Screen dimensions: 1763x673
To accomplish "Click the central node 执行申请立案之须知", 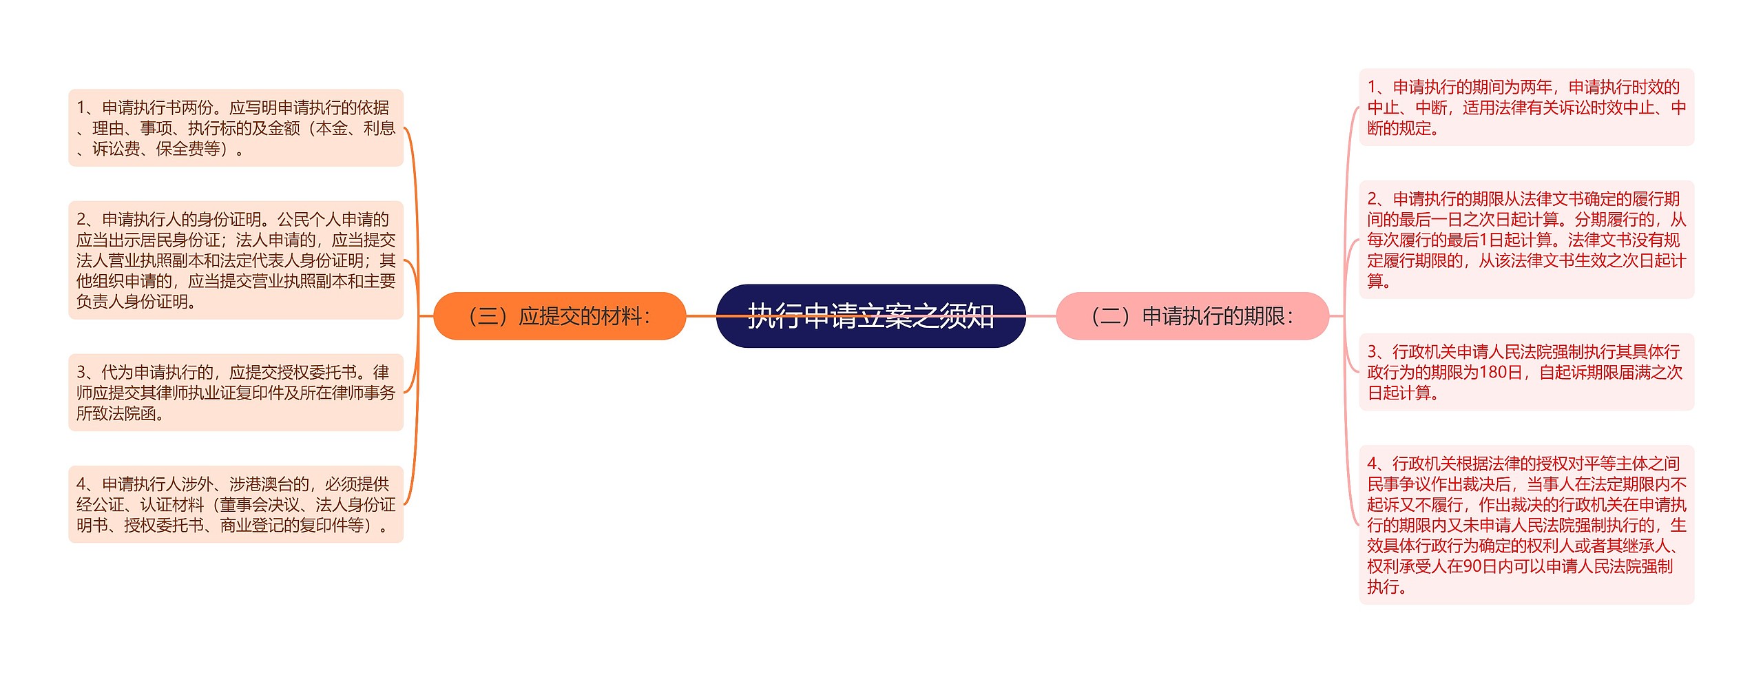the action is (870, 316).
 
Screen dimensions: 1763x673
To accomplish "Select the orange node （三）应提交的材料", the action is (559, 316).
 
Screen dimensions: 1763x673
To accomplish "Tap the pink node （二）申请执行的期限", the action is (1192, 316).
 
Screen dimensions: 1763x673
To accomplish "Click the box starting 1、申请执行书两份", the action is (236, 128).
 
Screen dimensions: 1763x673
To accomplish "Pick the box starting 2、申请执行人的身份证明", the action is (236, 260).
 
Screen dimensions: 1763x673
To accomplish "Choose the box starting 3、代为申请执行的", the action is (236, 393).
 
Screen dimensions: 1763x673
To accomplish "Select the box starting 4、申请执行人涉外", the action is (236, 504).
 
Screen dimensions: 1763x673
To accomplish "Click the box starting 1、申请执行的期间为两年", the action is (1526, 107).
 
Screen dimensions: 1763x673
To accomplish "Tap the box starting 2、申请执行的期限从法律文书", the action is (1526, 240).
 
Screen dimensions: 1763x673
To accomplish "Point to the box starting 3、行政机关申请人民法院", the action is (1526, 373).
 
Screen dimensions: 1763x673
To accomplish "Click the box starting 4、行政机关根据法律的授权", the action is (1526, 525).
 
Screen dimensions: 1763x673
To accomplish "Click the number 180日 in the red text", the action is (1501, 373).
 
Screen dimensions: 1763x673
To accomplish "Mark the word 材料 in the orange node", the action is (621, 316).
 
